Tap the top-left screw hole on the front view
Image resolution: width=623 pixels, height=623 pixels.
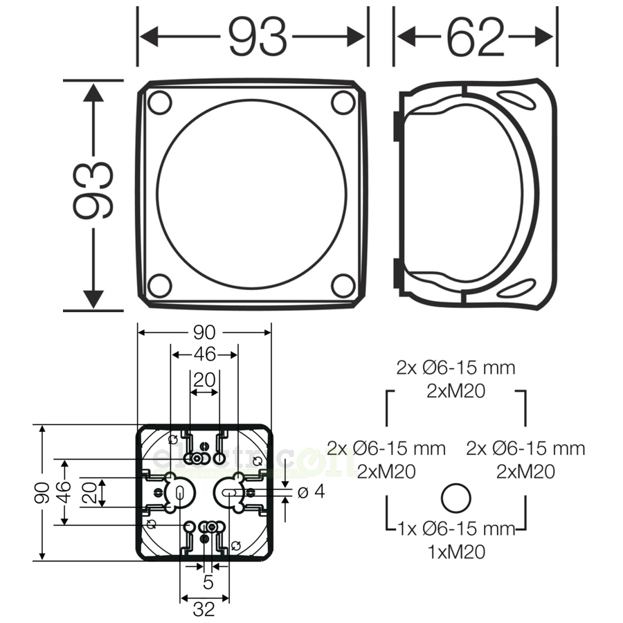pos(160,102)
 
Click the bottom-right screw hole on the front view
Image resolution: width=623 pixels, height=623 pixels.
pos(343,285)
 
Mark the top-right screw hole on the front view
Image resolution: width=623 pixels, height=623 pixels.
pos(343,102)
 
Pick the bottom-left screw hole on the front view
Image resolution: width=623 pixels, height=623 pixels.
pos(160,285)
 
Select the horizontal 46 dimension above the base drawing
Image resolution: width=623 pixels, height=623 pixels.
pos(204,355)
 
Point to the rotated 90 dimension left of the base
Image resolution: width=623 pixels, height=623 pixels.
pos(42,492)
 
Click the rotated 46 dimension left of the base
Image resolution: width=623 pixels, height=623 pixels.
pos(64,491)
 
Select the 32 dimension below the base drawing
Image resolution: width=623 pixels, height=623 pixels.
pos(204,609)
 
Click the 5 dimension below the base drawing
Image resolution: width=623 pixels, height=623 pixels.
pos(208,583)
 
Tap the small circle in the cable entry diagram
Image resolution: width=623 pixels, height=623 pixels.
pos(455,498)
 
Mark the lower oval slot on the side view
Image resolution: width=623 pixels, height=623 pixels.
pos(515,287)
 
